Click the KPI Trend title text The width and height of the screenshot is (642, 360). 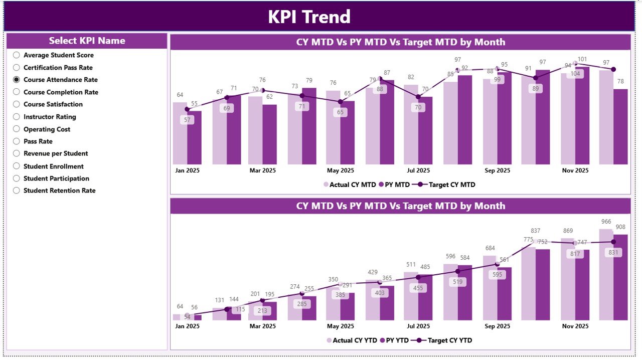click(x=309, y=17)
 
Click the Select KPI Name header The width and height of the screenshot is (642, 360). click(x=87, y=41)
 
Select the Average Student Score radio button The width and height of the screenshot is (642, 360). click(x=17, y=55)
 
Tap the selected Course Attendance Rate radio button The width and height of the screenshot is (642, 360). click(x=17, y=80)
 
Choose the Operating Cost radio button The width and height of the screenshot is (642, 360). click(x=17, y=129)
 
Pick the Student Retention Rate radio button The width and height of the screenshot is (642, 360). click(x=17, y=191)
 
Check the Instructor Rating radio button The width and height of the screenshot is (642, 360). click(x=17, y=117)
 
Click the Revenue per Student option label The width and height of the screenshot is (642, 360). click(x=56, y=153)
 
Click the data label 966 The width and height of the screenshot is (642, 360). click(x=606, y=222)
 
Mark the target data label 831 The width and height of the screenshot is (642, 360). click(x=613, y=253)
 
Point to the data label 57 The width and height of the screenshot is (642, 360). click(x=187, y=120)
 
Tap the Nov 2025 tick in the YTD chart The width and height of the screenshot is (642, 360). click(x=575, y=326)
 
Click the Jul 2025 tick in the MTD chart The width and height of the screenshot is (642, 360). click(x=418, y=170)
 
